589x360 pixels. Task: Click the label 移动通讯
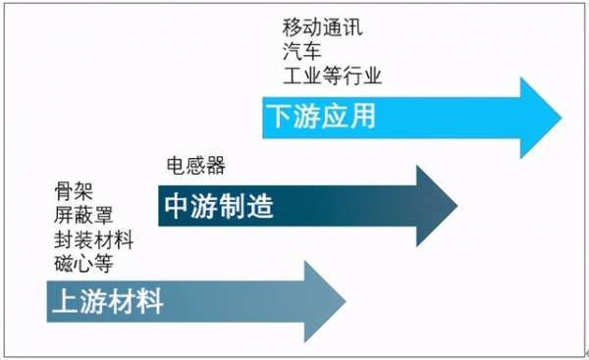coord(322,26)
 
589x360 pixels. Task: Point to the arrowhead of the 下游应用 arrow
coord(538,119)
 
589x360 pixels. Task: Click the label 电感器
coord(197,166)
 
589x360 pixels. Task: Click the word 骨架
coord(75,189)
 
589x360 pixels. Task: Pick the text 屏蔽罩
coord(84,214)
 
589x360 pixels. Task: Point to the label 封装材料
coord(94,238)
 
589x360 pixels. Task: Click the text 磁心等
coord(84,263)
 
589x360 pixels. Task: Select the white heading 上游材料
coord(107,302)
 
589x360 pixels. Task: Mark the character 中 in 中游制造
coord(176,208)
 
